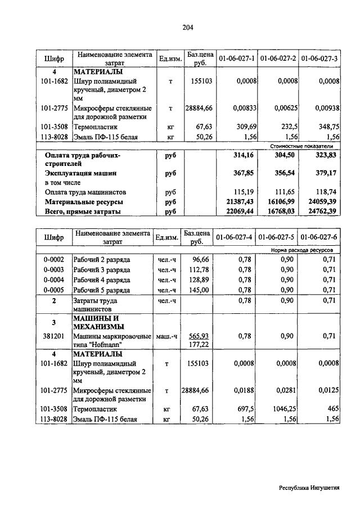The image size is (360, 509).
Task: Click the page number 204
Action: [188, 28]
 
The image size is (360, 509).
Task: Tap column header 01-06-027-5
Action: [278, 237]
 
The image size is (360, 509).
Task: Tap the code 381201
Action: [55, 336]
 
